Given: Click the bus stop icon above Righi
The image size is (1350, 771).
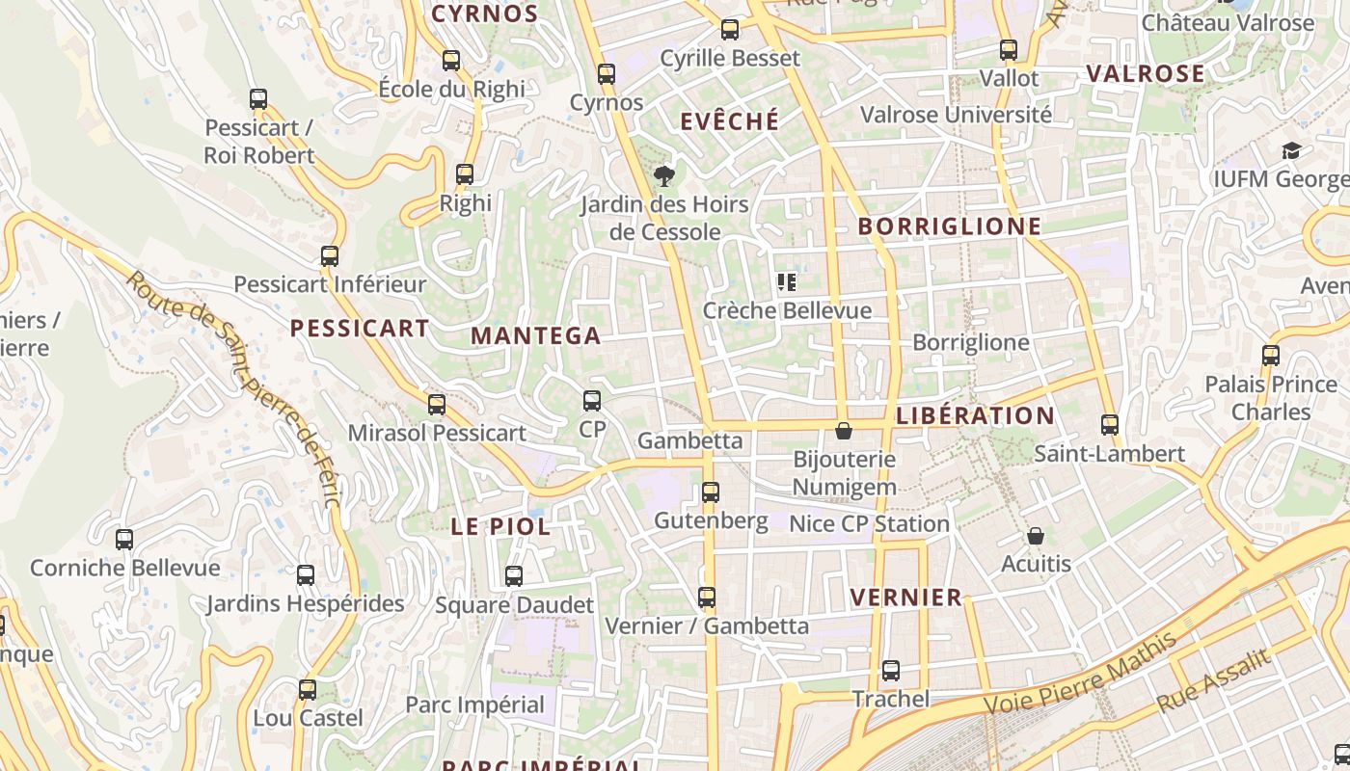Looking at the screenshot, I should click(465, 174).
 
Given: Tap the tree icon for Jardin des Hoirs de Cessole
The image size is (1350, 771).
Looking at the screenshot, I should click(663, 175).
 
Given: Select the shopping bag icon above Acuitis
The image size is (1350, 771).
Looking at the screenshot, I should click(1036, 536).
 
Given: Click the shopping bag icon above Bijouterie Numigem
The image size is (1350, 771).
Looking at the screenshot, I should click(844, 431).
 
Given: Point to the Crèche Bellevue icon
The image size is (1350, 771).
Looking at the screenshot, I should click(786, 282).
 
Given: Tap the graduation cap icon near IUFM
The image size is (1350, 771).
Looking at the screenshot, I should click(1291, 150).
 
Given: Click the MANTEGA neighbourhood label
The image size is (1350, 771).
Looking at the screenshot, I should click(536, 336).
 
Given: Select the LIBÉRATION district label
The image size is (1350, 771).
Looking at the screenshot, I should click(975, 416).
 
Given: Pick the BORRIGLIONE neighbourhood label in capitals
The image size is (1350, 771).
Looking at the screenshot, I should click(950, 226).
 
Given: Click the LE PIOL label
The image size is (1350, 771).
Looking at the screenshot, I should click(501, 527).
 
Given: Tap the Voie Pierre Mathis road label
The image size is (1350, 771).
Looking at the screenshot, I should click(1080, 673).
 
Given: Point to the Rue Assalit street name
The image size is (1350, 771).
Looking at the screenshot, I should click(1213, 680).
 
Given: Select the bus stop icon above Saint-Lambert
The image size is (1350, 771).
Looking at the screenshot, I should click(1110, 424).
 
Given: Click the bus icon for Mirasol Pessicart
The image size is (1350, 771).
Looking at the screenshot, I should click(437, 404).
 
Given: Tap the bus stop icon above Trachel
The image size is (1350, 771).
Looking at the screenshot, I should click(891, 671).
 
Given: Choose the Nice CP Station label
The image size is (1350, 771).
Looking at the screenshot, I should click(869, 524).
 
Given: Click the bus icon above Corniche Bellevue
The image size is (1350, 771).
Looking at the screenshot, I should click(124, 540).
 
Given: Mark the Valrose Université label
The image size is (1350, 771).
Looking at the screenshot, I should click(956, 115).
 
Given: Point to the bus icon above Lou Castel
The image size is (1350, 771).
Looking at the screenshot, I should click(308, 690).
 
